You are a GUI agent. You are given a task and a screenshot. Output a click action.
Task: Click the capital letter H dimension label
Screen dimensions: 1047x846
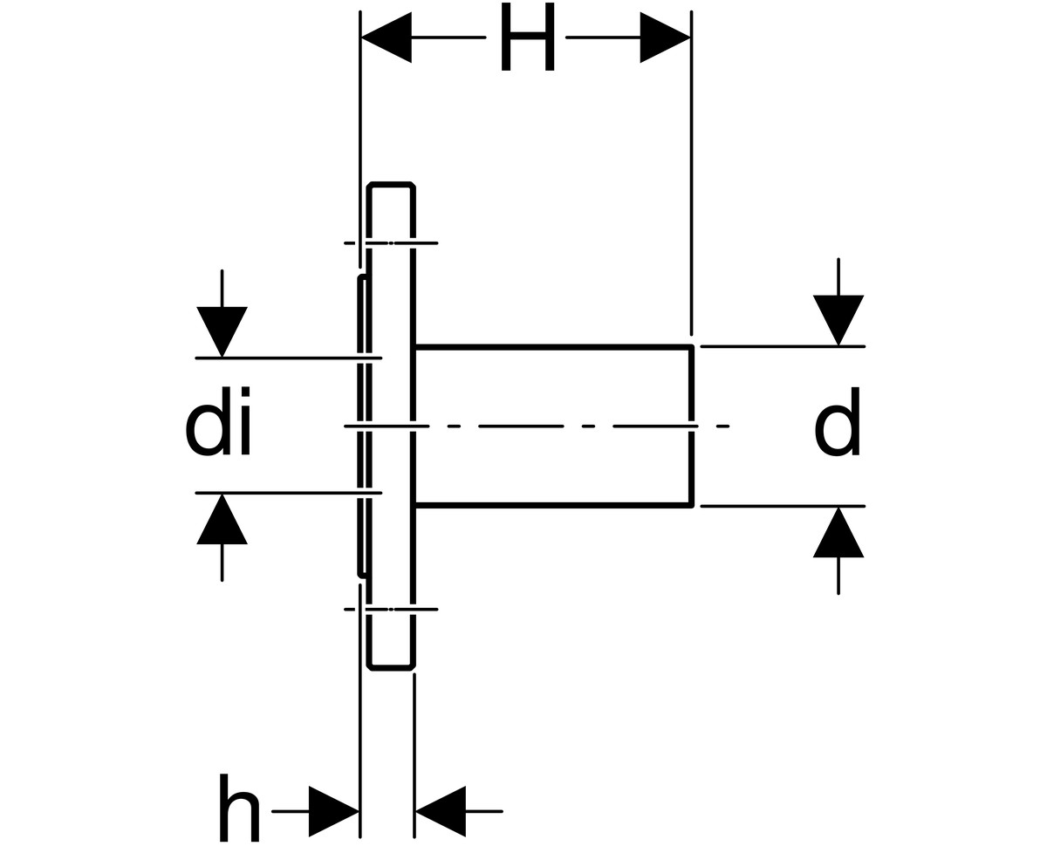[528, 37]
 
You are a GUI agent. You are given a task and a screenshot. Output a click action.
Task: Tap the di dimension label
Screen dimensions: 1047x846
[218, 421]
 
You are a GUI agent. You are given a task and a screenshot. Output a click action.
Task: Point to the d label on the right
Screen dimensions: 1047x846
[837, 421]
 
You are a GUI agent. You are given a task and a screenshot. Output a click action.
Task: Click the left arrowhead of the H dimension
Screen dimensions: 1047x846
[387, 38]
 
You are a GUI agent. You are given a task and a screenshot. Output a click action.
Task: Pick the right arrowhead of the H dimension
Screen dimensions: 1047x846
[665, 38]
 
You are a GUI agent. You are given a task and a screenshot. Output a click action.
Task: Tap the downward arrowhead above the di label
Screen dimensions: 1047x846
[222, 331]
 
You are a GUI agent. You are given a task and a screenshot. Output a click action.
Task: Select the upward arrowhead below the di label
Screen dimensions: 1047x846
[222, 519]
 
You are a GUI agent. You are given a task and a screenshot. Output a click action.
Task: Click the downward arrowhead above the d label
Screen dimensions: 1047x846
[838, 320]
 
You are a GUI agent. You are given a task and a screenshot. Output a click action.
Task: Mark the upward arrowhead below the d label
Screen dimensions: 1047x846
[838, 533]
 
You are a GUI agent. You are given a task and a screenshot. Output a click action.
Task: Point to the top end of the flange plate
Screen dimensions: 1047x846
[391, 185]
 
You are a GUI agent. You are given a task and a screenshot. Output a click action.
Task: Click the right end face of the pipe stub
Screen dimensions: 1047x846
[692, 426]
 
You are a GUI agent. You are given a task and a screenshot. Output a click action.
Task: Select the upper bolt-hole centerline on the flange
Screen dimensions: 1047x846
[391, 242]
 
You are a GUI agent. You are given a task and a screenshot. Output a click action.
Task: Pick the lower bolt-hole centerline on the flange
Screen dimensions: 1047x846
[391, 609]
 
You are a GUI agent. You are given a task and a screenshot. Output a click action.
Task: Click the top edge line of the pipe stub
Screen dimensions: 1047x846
[553, 347]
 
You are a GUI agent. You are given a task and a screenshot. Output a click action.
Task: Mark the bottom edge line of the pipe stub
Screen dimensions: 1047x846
[553, 505]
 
